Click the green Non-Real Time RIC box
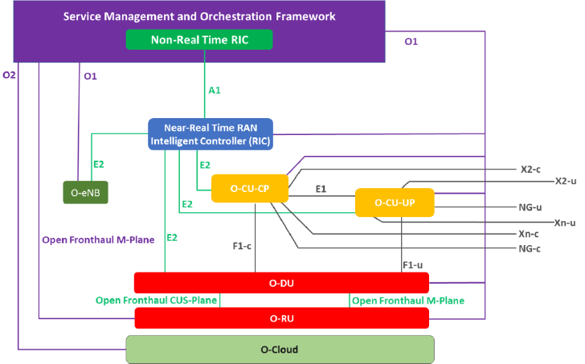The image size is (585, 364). pyautogui.click(x=199, y=39)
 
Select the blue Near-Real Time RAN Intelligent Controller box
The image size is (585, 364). pyautogui.click(x=211, y=134)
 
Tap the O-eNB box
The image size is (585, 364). pyautogui.click(x=85, y=192)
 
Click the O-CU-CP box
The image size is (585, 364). pyautogui.click(x=250, y=188)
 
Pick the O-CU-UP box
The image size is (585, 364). pyautogui.click(x=395, y=202)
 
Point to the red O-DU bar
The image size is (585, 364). pyautogui.click(x=281, y=283)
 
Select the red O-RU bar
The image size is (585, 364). pyautogui.click(x=282, y=318)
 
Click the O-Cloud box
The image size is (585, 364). pyautogui.click(x=280, y=350)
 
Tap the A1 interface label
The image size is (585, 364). pyautogui.click(x=215, y=90)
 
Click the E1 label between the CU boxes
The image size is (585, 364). pyautogui.click(x=321, y=189)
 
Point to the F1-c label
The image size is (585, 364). pyautogui.click(x=242, y=246)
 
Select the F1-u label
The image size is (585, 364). pyautogui.click(x=413, y=265)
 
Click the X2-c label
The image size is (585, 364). pyautogui.click(x=530, y=170)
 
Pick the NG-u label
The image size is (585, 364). pyautogui.click(x=530, y=207)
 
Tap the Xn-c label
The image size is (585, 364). pyautogui.click(x=529, y=234)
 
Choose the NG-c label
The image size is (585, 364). pyautogui.click(x=530, y=248)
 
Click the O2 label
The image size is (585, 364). pyautogui.click(x=10, y=76)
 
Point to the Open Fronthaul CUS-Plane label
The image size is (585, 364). pyautogui.click(x=157, y=301)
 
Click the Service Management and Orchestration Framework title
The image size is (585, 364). pyautogui.click(x=199, y=16)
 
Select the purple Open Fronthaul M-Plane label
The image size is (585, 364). pyautogui.click(x=98, y=239)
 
